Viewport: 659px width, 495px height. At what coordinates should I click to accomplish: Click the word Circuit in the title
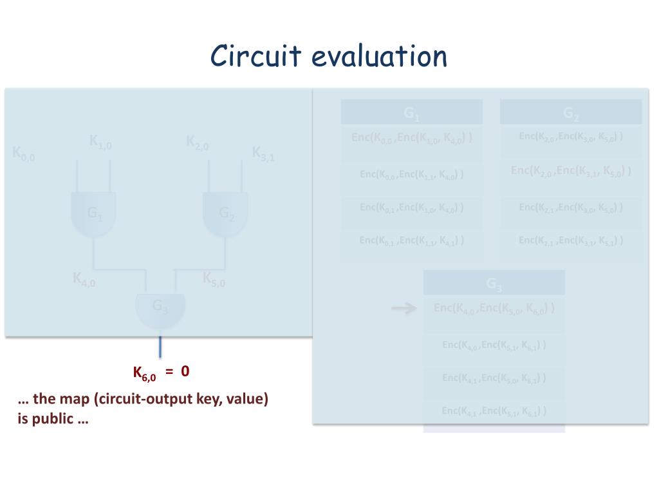(255, 56)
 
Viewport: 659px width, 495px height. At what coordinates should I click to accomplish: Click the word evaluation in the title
(379, 56)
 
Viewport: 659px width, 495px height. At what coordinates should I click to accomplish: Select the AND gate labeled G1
(94, 213)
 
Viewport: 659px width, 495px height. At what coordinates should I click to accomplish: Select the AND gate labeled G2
(225, 213)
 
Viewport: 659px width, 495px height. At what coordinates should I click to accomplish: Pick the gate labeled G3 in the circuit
(160, 308)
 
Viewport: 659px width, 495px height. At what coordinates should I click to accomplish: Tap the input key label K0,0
(24, 154)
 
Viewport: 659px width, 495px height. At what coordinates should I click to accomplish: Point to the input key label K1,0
(100, 142)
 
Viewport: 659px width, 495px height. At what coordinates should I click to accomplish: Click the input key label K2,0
(198, 142)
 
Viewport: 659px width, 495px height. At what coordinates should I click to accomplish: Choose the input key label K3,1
(263, 154)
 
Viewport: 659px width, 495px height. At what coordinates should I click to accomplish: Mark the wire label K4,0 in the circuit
(84, 279)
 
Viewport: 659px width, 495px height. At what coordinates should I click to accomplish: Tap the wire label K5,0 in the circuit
(214, 279)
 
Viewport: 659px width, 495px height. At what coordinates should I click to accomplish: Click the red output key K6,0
(144, 373)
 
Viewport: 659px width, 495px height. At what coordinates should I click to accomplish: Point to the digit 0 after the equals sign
(185, 371)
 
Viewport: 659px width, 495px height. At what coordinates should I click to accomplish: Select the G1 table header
(412, 113)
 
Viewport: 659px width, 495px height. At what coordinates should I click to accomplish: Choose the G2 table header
(571, 113)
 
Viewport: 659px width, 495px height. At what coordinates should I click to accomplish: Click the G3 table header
(494, 284)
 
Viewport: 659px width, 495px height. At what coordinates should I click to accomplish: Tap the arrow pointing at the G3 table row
(404, 309)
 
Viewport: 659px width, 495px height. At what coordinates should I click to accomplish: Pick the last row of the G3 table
(494, 411)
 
